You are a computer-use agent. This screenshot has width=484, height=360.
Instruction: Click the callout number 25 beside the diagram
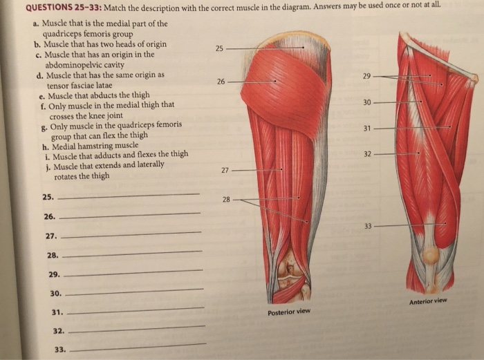pyautogui.click(x=220, y=48)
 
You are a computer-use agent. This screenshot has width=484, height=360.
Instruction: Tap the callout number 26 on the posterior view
pyautogui.click(x=221, y=82)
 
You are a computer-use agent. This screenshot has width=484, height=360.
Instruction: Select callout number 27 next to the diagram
pyautogui.click(x=225, y=169)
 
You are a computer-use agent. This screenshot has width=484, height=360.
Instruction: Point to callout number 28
pyautogui.click(x=226, y=199)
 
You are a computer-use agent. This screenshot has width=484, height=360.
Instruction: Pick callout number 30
pyautogui.click(x=367, y=102)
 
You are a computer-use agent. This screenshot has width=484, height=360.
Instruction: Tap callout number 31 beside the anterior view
pyautogui.click(x=367, y=128)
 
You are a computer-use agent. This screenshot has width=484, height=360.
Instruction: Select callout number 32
pyautogui.click(x=367, y=153)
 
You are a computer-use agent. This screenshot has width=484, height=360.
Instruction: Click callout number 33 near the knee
pyautogui.click(x=368, y=225)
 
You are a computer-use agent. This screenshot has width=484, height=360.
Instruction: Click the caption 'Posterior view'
pyautogui.click(x=289, y=312)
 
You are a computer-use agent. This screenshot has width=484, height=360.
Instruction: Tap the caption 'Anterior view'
pyautogui.click(x=428, y=301)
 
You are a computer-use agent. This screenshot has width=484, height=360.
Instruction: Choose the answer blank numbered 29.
pyautogui.click(x=135, y=272)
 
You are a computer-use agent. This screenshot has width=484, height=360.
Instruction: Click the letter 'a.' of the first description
pyautogui.click(x=35, y=23)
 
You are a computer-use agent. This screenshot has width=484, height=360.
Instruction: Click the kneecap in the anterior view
pyautogui.click(x=430, y=256)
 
